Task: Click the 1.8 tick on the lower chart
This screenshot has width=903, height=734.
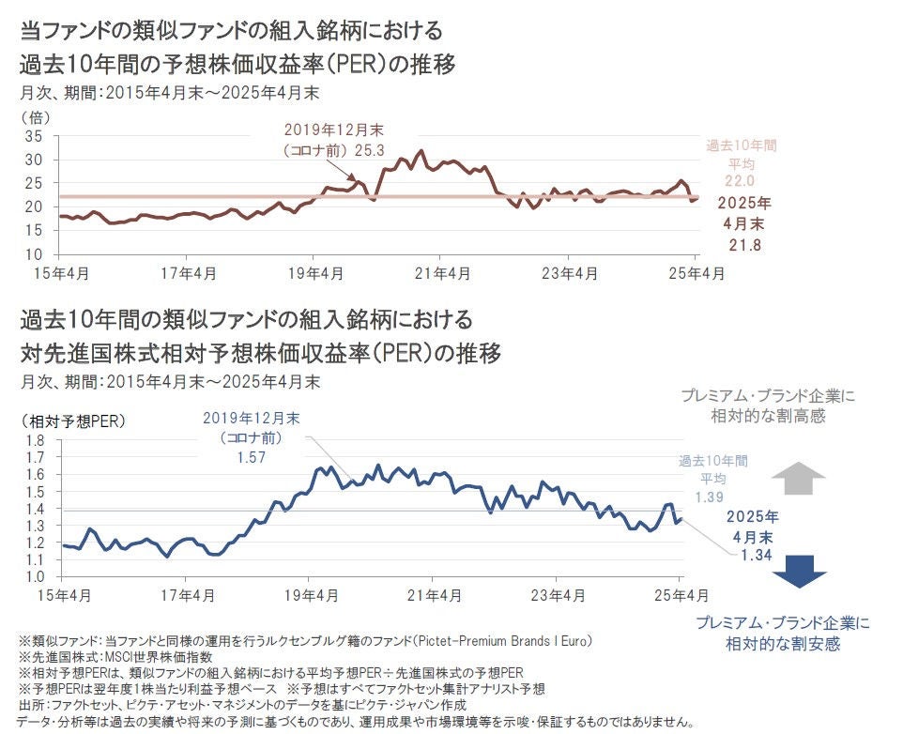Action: [x=36, y=440]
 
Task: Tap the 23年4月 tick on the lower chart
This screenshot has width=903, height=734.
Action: [x=557, y=595]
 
